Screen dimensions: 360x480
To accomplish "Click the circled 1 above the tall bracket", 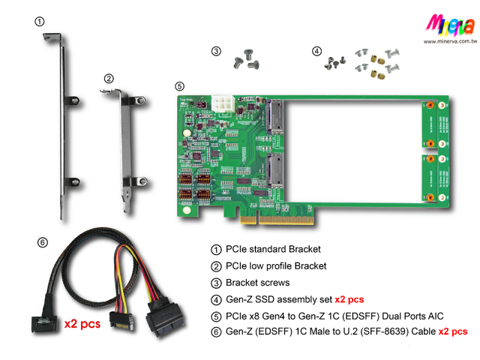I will [39, 21].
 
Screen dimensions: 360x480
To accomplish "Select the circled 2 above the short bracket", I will [109, 78].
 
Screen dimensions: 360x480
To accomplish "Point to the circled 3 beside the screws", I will [216, 51].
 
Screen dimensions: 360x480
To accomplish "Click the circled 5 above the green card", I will [179, 86].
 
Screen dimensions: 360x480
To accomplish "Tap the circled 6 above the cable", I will [43, 242].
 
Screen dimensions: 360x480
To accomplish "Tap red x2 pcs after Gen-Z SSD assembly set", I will [349, 299].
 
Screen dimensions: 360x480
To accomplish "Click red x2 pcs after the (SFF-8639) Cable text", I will [453, 331].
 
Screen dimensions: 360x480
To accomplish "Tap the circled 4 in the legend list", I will [216, 299].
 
